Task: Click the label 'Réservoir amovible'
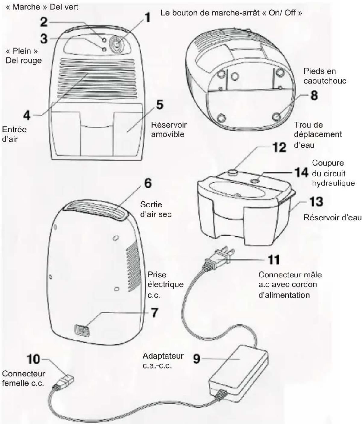pyautogui.click(x=169, y=129)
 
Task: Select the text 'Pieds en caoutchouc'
pyautogui.click(x=325, y=76)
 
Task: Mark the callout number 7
pyautogui.click(x=154, y=313)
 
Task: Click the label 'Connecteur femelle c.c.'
pyautogui.click(x=24, y=378)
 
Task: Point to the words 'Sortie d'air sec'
pyautogui.click(x=156, y=209)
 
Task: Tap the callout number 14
pyautogui.click(x=301, y=173)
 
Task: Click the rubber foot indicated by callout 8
pyautogui.click(x=277, y=116)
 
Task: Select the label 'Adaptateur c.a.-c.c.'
pyautogui.click(x=163, y=361)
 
